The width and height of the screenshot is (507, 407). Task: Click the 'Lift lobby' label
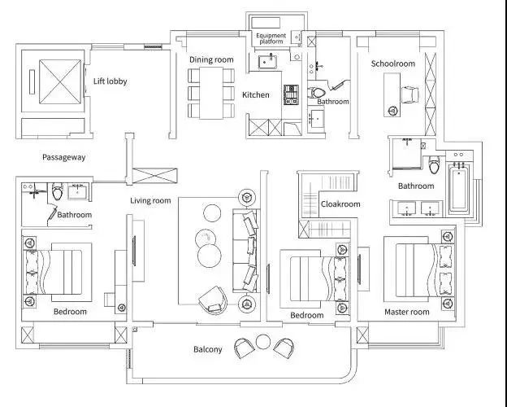tap(110, 81)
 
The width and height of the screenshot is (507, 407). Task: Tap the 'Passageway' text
tap(64, 157)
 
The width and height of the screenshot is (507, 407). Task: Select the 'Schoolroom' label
tap(393, 63)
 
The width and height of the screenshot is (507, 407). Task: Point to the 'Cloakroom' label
tap(340, 203)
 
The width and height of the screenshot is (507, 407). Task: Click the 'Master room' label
tap(407, 312)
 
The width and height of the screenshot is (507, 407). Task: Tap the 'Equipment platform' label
tap(271, 38)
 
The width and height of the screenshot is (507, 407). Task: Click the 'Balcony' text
tap(207, 349)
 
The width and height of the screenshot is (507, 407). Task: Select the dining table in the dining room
tap(211, 93)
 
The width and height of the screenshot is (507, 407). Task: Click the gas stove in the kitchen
tap(291, 94)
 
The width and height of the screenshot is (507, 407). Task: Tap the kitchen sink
tap(267, 62)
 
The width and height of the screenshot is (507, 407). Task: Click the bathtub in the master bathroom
tap(458, 188)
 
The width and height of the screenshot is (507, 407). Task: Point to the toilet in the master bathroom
tap(434, 164)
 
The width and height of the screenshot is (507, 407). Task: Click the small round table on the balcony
tap(263, 342)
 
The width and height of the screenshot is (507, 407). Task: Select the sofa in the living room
tap(245, 251)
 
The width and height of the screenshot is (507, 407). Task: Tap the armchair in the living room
tap(213, 300)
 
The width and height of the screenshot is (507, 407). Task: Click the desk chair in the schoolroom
tap(410, 95)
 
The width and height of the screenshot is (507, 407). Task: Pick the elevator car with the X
tap(60, 81)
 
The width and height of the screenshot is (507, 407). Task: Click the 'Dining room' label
tap(211, 59)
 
